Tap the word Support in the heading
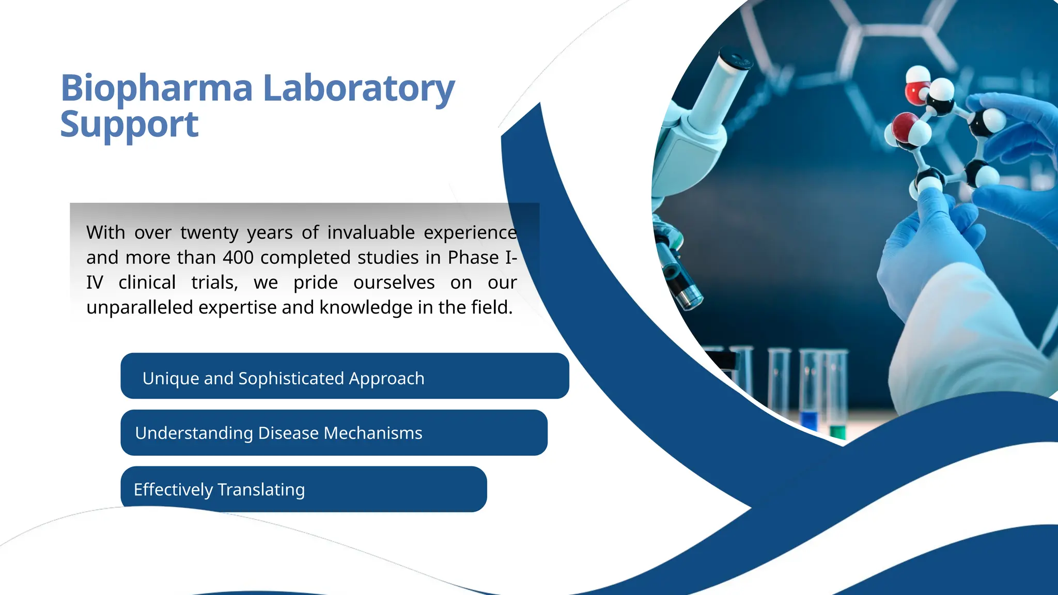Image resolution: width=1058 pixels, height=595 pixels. (129, 124)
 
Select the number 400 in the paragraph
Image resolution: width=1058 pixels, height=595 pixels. (238, 258)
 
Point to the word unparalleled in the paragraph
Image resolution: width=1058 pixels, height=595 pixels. (139, 308)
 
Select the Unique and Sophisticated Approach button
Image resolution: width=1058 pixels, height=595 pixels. (345, 376)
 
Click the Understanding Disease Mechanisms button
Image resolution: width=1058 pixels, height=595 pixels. (334, 433)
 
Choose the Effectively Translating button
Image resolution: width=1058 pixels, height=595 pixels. (303, 489)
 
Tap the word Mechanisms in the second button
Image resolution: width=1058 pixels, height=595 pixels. (372, 433)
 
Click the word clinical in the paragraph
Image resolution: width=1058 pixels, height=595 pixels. (147, 283)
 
